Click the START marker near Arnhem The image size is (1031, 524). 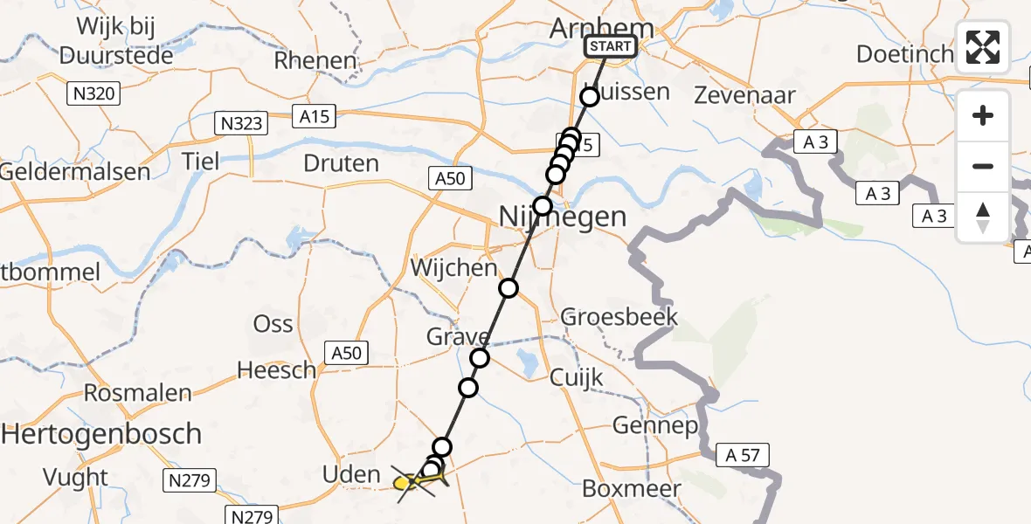610,46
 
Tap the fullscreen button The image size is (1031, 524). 983,47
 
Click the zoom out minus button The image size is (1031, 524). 983,166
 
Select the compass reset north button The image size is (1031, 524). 983,217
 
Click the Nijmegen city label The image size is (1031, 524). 563,216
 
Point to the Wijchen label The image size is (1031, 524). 455,267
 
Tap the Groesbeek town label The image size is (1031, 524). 619,316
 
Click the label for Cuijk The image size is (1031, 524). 577,377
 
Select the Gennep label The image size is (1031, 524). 655,426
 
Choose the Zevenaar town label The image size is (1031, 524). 744,95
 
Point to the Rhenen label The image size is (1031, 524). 315,61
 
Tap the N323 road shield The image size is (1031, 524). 240,123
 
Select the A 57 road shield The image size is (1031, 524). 743,454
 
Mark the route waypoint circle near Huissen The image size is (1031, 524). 590,97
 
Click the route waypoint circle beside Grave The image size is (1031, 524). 480,357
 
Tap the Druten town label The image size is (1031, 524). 341,163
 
